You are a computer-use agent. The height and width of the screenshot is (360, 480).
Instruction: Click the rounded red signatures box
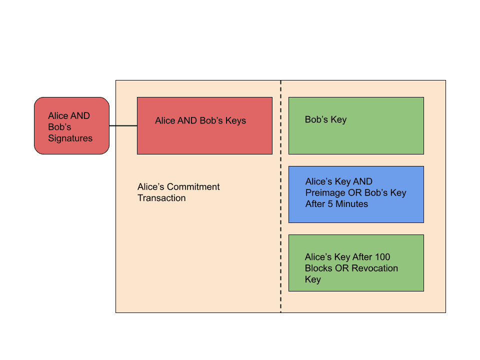(71, 126)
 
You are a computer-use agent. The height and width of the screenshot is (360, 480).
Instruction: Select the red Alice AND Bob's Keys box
(204, 126)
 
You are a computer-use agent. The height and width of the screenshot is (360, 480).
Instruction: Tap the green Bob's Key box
(356, 126)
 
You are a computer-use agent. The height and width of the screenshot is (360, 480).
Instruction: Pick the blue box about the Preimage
(356, 194)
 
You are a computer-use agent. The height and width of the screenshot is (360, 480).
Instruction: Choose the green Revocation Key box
(356, 263)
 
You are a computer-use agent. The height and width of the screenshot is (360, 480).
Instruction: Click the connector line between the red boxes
(123, 125)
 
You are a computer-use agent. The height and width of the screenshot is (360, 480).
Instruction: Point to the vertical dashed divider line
(280, 196)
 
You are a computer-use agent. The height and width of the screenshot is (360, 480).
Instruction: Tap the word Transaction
(161, 198)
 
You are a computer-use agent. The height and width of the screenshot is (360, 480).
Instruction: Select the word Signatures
(70, 138)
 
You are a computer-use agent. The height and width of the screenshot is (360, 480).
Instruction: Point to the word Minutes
(351, 204)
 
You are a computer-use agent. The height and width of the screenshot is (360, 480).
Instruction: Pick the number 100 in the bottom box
(382, 257)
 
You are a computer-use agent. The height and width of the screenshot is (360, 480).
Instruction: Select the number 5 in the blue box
(330, 204)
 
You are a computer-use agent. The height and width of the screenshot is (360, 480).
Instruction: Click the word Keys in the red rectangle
(235, 121)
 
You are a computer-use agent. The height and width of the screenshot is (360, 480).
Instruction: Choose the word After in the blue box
(315, 204)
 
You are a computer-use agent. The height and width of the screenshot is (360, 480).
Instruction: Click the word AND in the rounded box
(79, 115)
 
